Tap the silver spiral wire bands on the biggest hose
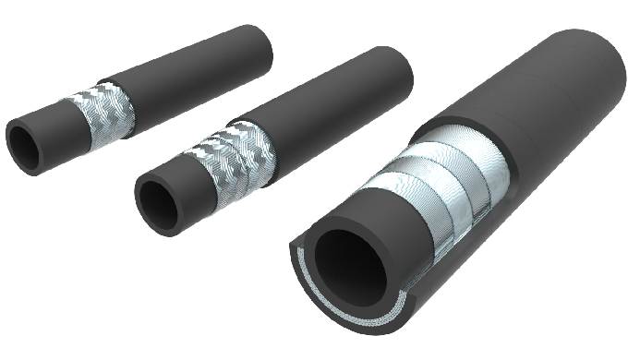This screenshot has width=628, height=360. [x=434, y=194]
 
